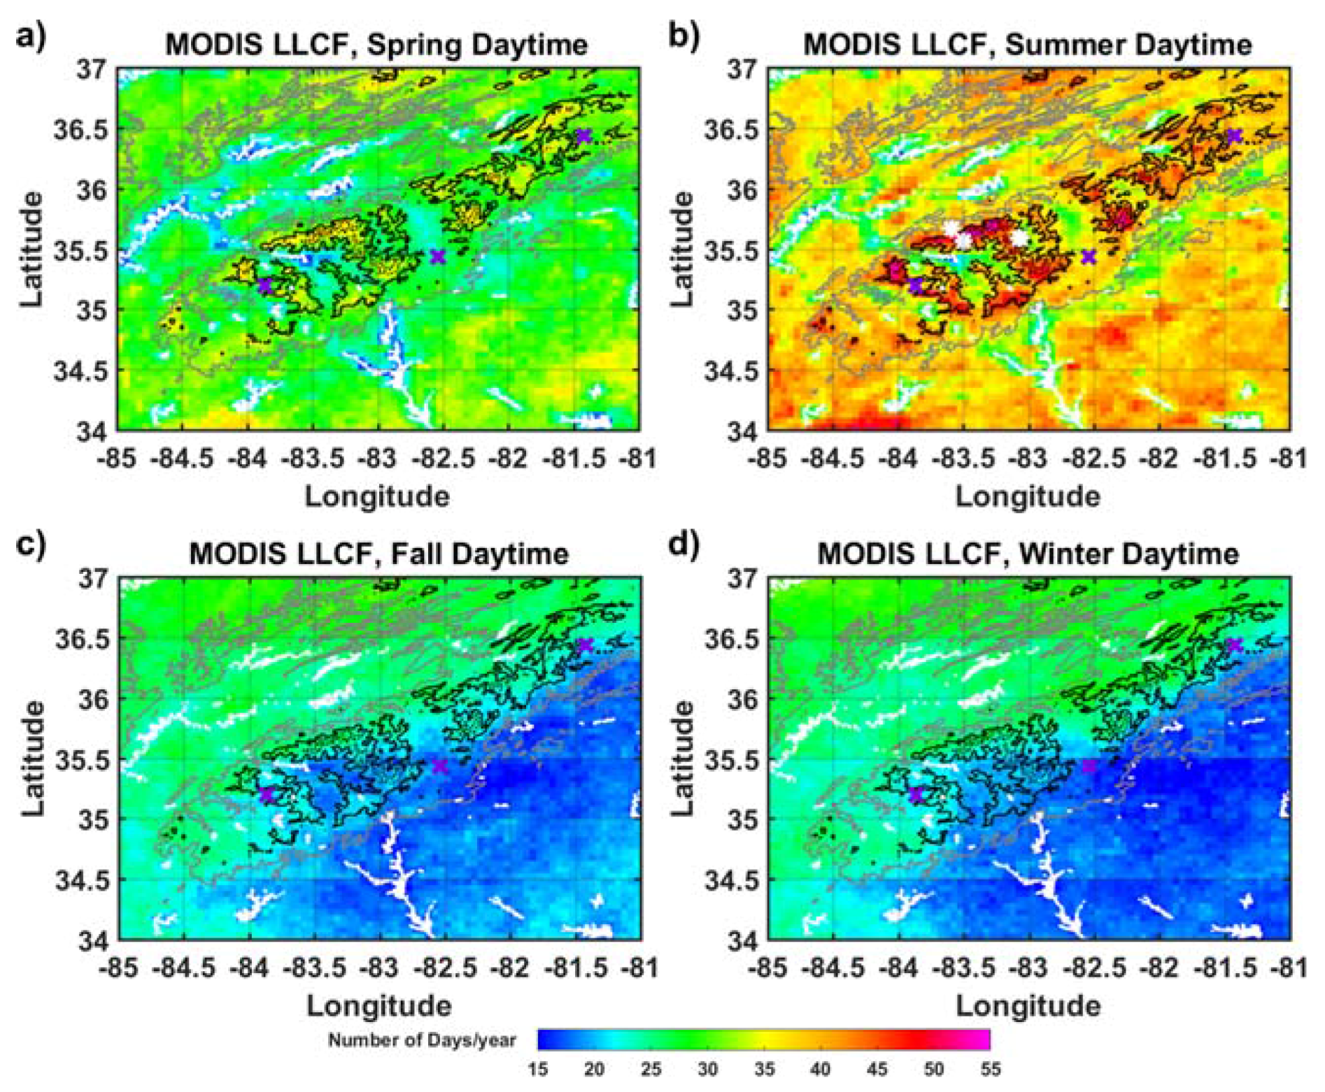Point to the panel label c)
point(31,544)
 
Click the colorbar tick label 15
point(537,1070)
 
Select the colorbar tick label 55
point(989,1070)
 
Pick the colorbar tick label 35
point(764,1070)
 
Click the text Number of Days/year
point(422,1040)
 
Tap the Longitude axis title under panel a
point(377,497)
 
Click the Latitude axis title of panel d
point(682,759)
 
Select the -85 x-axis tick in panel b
point(767,459)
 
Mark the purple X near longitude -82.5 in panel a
point(438,257)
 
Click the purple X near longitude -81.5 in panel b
point(1235,136)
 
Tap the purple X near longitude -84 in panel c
point(266,793)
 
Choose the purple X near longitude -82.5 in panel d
point(1089,766)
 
